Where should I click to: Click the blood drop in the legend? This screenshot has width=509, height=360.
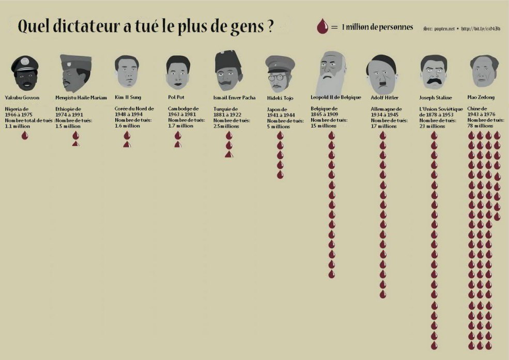322,27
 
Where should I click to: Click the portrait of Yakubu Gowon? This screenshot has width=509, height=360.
24,73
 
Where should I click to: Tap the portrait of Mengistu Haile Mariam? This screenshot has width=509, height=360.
74,73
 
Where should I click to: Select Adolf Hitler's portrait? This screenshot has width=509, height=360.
381,72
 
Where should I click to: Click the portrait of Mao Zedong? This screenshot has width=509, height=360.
484,71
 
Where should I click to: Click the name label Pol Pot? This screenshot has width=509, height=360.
176,97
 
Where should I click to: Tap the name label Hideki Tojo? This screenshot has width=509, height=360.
280,98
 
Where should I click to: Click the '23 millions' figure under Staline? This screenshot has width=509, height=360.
432,126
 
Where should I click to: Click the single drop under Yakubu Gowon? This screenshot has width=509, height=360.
24,135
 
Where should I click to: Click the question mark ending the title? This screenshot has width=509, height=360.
270,27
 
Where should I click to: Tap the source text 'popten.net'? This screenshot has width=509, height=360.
444,28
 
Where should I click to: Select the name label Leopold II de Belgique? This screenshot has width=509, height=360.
336,97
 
